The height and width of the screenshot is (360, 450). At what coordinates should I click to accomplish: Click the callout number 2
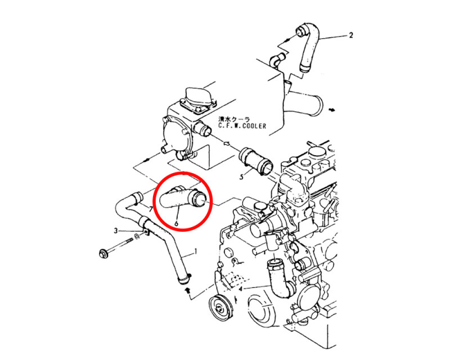[350, 35]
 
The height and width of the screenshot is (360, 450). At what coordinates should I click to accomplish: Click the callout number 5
[242, 177]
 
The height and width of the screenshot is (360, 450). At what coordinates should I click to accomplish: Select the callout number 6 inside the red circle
[176, 223]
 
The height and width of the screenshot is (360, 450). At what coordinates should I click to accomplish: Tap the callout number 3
[116, 231]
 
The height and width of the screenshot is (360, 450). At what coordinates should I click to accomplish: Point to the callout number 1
[196, 251]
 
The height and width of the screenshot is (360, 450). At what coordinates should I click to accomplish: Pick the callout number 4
[241, 288]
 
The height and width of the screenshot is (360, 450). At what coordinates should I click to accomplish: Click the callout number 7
[151, 209]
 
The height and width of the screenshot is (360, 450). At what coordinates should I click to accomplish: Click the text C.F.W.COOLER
[242, 126]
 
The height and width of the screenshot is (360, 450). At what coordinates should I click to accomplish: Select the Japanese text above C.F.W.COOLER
[234, 119]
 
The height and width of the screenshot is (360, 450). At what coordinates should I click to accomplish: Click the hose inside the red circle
[184, 199]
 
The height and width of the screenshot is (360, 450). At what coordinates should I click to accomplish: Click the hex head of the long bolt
[102, 254]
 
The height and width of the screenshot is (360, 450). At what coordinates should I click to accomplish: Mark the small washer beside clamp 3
[137, 236]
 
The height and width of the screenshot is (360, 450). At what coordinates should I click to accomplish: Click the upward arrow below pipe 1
[188, 290]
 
